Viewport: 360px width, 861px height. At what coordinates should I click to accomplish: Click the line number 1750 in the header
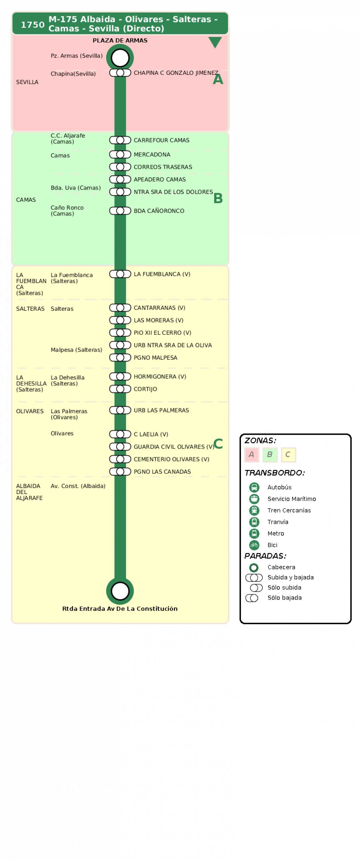[32, 25]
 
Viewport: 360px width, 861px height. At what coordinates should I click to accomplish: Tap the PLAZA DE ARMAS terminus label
[120, 40]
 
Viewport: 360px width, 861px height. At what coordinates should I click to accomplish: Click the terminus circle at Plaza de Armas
[120, 58]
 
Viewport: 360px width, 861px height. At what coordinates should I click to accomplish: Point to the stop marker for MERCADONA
[120, 154]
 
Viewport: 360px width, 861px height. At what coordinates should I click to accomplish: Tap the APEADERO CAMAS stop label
[160, 180]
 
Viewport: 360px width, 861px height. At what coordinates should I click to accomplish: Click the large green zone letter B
[218, 198]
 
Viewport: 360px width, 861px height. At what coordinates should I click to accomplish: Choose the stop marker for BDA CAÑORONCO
[120, 211]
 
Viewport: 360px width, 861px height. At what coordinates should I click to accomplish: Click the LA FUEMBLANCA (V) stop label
[162, 274]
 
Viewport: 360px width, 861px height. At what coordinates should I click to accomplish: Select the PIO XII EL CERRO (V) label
[162, 333]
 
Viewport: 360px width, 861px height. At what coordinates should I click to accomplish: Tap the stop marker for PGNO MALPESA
[120, 358]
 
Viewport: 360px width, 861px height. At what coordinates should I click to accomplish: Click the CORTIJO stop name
[145, 389]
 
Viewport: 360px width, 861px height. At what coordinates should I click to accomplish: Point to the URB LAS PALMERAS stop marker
[120, 410]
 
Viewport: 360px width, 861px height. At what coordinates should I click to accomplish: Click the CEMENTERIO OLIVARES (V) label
[171, 459]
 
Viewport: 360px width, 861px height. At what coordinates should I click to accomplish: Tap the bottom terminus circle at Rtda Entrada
[120, 591]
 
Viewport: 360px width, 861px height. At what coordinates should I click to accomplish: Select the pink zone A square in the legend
[252, 455]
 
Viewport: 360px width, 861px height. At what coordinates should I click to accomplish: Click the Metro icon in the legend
[254, 534]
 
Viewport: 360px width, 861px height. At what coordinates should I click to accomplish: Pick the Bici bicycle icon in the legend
[254, 545]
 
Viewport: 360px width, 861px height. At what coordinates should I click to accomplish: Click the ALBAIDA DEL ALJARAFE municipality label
[29, 492]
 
